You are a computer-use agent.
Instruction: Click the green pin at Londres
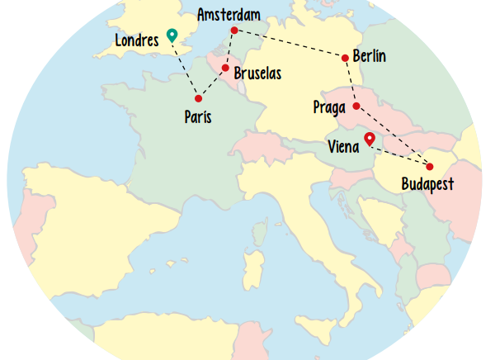(x=172, y=35)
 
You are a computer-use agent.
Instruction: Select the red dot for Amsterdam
(x=234, y=31)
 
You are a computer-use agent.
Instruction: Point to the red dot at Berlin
(x=345, y=57)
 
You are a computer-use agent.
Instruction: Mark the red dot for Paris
(x=198, y=99)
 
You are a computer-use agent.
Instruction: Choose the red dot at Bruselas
(x=224, y=69)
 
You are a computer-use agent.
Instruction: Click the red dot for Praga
(x=356, y=106)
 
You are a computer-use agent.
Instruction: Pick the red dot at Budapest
(x=429, y=167)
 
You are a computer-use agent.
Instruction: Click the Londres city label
(x=137, y=40)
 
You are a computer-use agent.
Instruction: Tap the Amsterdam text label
(x=229, y=14)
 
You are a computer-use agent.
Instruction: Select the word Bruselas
(x=257, y=73)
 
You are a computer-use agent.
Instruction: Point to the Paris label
(x=198, y=117)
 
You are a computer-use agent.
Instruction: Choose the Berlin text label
(x=369, y=56)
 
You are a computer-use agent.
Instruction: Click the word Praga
(x=330, y=107)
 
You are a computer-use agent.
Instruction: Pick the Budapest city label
(x=427, y=185)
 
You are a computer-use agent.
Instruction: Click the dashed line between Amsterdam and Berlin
(x=289, y=44)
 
